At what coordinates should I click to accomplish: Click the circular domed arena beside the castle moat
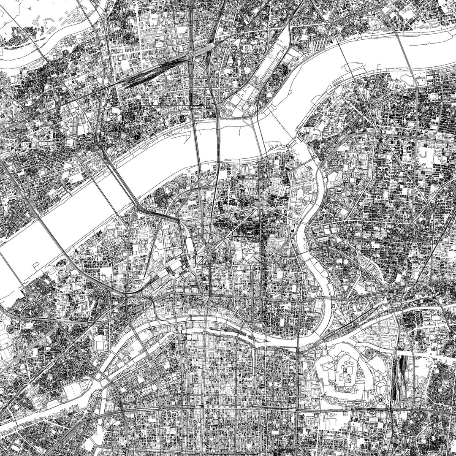pos(368,351)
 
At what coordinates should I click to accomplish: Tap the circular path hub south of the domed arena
pos(380,399)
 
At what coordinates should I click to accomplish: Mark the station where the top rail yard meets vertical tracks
pos(197,53)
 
